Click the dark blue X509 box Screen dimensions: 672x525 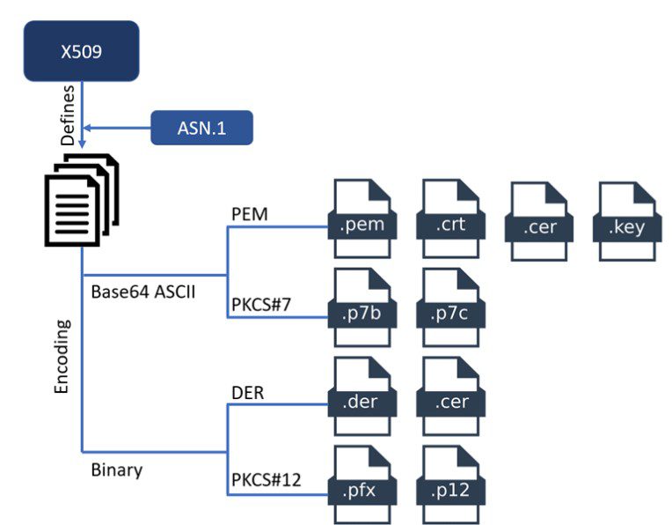pos(82,51)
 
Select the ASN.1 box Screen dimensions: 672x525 pos(201,128)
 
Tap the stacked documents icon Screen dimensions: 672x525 pos(82,200)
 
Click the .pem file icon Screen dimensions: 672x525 pos(362,219)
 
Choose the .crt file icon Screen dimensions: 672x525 pos(450,219)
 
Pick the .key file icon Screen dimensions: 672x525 pos(627,221)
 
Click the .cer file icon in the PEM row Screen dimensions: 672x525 pos(538,221)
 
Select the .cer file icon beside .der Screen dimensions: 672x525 pos(450,396)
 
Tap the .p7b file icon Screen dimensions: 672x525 pos(362,307)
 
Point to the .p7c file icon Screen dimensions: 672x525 pos(450,307)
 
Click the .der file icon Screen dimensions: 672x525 pos(362,396)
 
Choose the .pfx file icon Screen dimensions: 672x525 pos(362,484)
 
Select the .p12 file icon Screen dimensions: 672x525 pos(450,484)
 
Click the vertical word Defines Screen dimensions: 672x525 pos(68,115)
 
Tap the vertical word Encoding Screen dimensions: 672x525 pos(62,356)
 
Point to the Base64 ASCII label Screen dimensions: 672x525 pos(143,292)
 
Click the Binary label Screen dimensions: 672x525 pos(117,470)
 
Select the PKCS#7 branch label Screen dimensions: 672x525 pos(261,305)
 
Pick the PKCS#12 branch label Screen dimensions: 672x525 pos(267,479)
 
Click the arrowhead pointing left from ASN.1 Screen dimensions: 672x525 pos(86,128)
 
